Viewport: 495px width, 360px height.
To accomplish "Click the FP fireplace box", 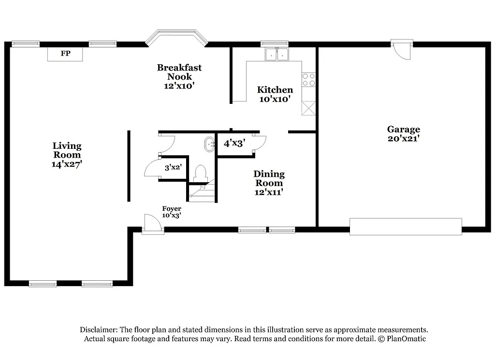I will point(65,54).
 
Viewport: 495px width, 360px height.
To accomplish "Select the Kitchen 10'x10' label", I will point(275,94).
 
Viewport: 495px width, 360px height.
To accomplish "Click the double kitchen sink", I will point(277,54).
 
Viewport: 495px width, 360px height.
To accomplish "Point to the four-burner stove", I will point(308,80).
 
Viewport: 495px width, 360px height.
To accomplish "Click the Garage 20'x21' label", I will point(403,133).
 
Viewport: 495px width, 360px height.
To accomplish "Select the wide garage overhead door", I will point(405,226).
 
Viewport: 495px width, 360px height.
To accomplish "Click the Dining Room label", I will point(269,183).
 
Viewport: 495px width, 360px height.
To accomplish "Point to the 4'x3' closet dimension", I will point(234,143).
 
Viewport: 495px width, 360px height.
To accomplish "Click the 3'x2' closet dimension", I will point(173,168).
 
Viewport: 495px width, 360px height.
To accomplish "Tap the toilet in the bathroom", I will point(200,173).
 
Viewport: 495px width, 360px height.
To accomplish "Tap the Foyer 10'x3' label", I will point(172,212).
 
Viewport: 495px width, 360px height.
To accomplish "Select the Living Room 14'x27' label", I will point(67,155).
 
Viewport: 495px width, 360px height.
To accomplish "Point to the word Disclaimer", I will point(99,330).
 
